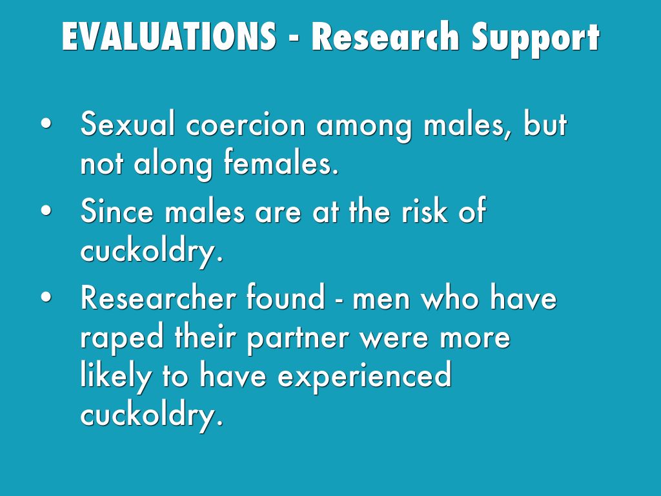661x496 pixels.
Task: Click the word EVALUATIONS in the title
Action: [x=169, y=36]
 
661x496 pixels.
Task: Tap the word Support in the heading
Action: [x=535, y=39]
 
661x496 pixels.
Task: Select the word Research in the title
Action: [x=385, y=36]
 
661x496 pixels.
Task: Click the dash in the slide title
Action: [x=294, y=40]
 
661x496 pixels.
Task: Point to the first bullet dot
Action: [x=46, y=123]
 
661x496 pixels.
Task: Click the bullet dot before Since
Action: [x=46, y=210]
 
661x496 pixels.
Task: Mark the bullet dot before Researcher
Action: [x=46, y=296]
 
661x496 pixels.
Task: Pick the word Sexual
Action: [x=127, y=124]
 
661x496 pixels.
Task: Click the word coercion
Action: [x=245, y=125]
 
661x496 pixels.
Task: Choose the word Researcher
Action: [x=158, y=297]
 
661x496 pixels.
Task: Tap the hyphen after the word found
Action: [x=339, y=300]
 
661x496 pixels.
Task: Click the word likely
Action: [x=116, y=377]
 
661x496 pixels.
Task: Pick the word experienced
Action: [x=365, y=377]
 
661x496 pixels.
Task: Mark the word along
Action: [x=173, y=165]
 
